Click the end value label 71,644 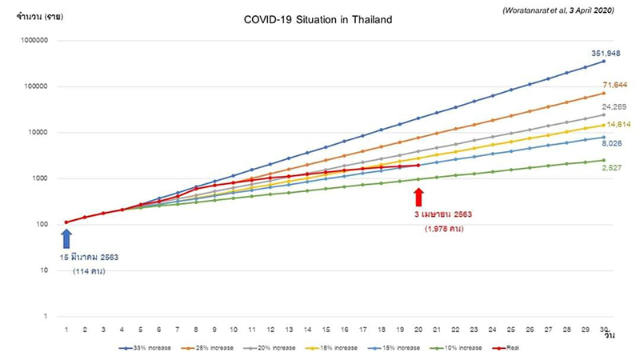tap(614, 84)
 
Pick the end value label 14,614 tap(614, 125)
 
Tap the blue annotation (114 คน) tap(90, 271)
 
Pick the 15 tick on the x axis tap(326, 330)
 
